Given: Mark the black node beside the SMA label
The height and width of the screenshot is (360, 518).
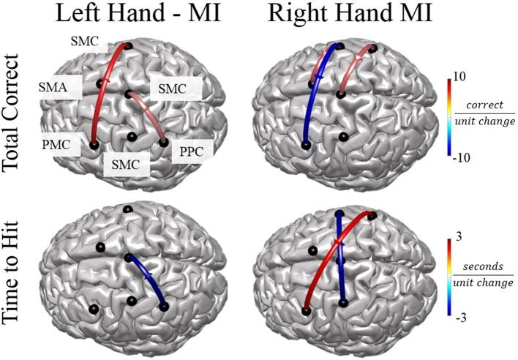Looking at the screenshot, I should tap(100, 84).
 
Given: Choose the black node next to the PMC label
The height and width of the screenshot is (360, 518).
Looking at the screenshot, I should tap(94, 145).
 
